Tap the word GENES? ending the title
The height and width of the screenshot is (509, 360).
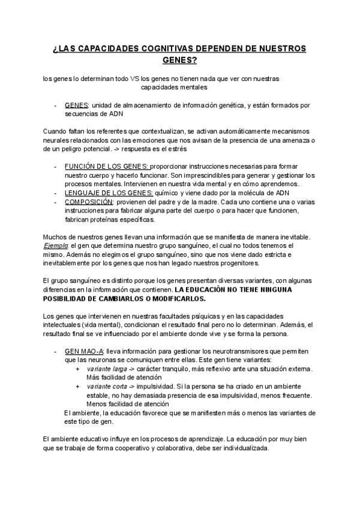point(180,60)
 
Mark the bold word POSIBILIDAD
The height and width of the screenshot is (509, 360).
point(71,298)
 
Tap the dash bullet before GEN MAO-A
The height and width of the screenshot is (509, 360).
point(56,351)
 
